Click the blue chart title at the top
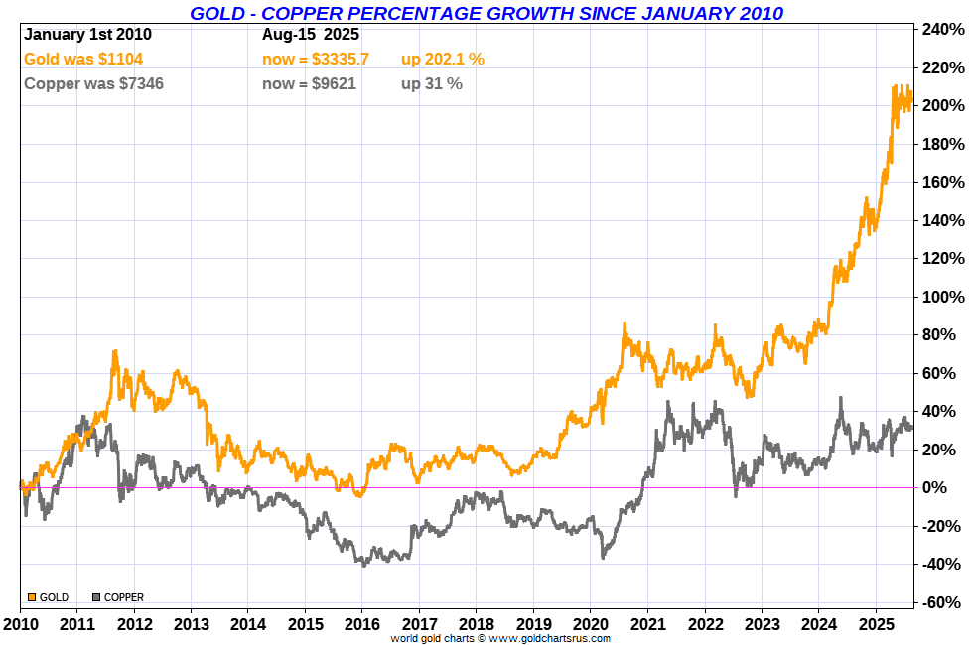tap(486, 13)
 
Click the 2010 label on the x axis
tap(20, 627)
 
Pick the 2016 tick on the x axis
tap(362, 627)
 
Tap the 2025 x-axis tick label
tap(876, 627)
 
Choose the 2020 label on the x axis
tap(591, 627)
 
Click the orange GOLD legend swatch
tap(32, 597)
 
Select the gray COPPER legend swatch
tap(96, 597)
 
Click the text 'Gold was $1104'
tap(83, 60)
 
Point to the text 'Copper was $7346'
tap(93, 84)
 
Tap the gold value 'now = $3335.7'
tap(316, 60)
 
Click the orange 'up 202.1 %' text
tap(443, 60)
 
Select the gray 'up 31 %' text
tap(432, 84)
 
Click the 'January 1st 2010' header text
tap(87, 34)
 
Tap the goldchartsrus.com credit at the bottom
tap(499, 638)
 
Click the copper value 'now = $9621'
tap(309, 84)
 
